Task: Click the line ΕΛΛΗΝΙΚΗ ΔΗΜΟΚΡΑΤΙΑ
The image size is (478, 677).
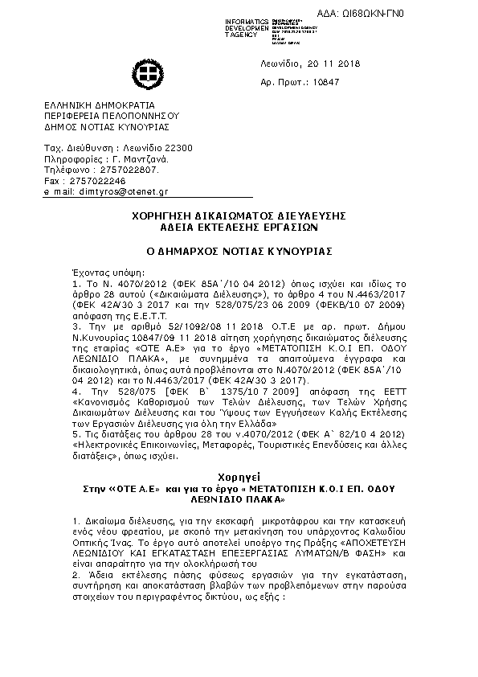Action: click(100, 105)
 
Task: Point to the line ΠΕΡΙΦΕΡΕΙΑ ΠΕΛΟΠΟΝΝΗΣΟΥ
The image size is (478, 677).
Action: click(112, 116)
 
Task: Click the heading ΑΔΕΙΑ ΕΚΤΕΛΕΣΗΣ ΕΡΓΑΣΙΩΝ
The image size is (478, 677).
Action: click(239, 228)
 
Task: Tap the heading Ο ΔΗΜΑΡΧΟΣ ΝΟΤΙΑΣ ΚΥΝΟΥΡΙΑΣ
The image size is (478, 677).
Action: click(239, 251)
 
